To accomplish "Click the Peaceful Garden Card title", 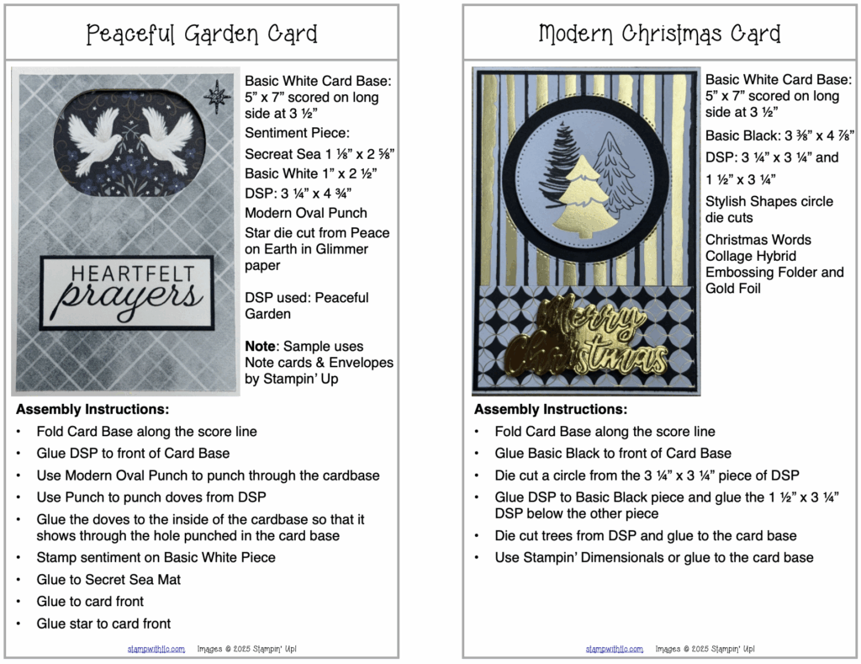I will point(202,35).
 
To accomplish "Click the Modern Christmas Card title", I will point(659,35).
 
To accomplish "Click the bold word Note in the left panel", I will point(260,346).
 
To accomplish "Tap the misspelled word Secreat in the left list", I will point(275,154).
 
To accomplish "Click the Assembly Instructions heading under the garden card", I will point(92,410).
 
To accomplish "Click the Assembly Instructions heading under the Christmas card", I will point(551,410).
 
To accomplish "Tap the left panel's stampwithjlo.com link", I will point(156,649).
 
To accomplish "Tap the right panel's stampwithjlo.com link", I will point(615,649).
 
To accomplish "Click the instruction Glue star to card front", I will point(103,624).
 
